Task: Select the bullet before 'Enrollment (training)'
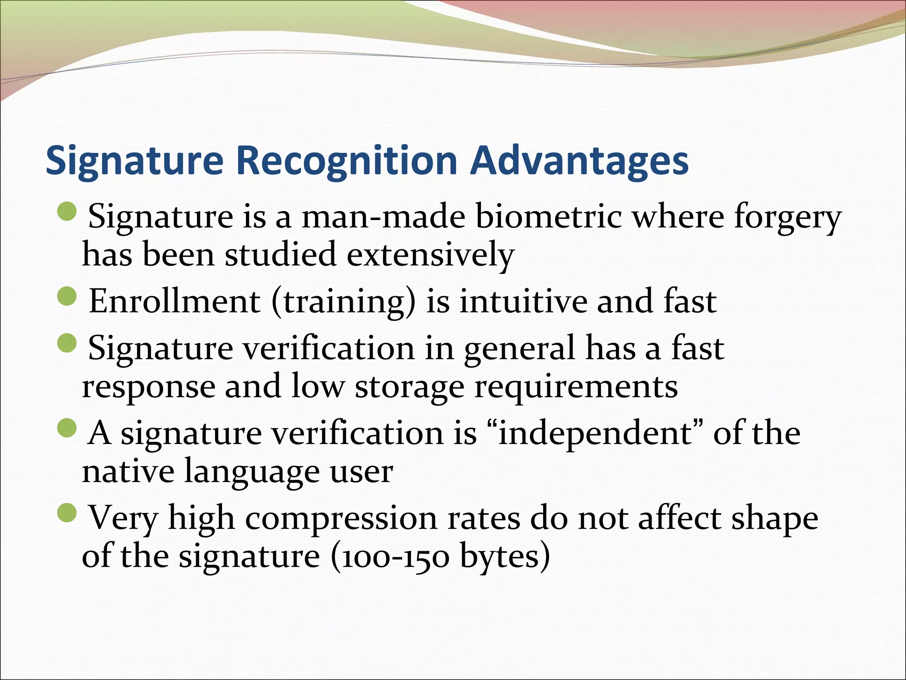click(67, 296)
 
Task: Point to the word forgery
click(787, 218)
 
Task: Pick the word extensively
click(430, 255)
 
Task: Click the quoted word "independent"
click(595, 433)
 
